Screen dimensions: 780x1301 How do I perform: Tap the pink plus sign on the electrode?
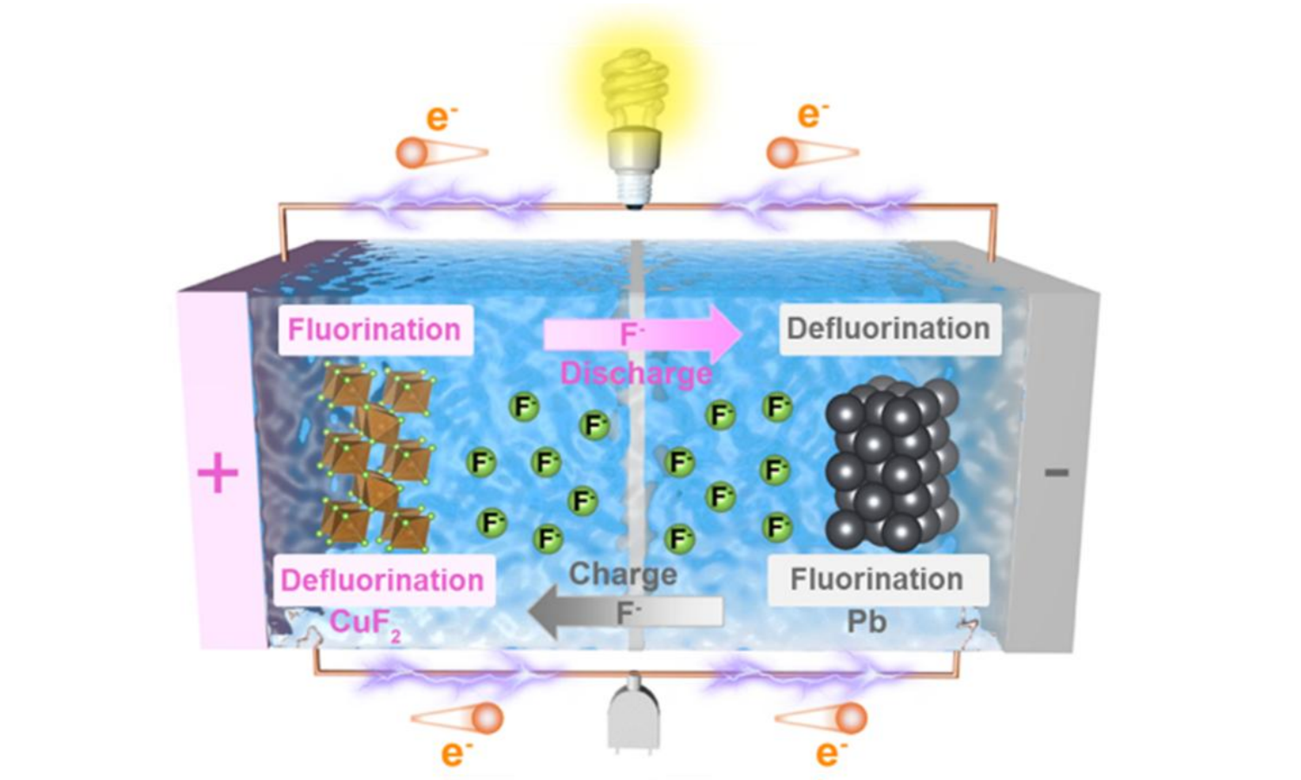pos(218,474)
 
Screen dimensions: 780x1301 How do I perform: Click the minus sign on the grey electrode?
pos(1056,472)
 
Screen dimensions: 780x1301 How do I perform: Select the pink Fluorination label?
pos(374,329)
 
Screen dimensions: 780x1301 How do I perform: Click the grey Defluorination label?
pos(888,329)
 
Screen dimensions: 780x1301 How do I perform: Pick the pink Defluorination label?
pos(382,580)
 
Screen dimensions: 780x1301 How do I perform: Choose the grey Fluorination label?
pos(877,579)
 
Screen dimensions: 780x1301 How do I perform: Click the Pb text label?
pos(866,622)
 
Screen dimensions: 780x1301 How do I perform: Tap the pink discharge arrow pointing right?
pos(642,335)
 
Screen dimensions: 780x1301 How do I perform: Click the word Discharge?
pos(636,374)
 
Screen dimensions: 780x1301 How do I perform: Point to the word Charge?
pos(623,574)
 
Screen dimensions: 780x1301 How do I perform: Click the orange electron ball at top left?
pos(413,153)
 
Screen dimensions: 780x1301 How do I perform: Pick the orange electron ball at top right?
pos(782,153)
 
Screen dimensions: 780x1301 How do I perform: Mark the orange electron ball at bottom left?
pos(487,718)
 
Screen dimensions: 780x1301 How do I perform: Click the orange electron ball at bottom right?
pos(852,718)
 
